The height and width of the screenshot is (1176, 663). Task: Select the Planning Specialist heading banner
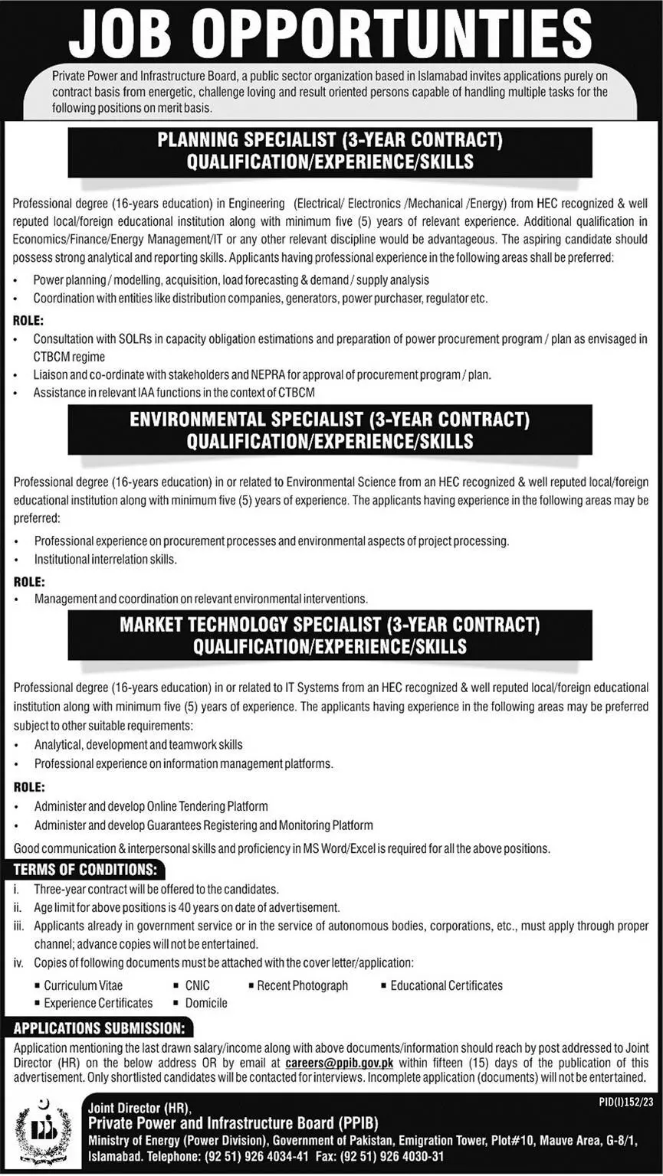click(x=330, y=151)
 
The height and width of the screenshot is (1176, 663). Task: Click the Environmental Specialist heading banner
click(x=330, y=430)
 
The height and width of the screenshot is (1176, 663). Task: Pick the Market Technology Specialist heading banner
click(x=330, y=635)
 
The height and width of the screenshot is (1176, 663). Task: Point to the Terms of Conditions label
click(x=85, y=870)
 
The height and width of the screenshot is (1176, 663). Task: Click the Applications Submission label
click(x=99, y=1027)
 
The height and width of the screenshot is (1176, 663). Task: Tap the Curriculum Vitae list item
click(x=83, y=985)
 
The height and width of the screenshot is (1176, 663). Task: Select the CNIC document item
click(x=197, y=985)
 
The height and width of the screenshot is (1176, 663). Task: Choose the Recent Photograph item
click(x=302, y=985)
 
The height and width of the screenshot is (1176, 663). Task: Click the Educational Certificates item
click(x=446, y=985)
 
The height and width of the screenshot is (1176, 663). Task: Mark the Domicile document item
click(x=206, y=1002)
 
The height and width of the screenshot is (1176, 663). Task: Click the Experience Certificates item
click(x=98, y=1002)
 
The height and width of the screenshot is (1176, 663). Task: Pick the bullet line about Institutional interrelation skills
click(x=106, y=560)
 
